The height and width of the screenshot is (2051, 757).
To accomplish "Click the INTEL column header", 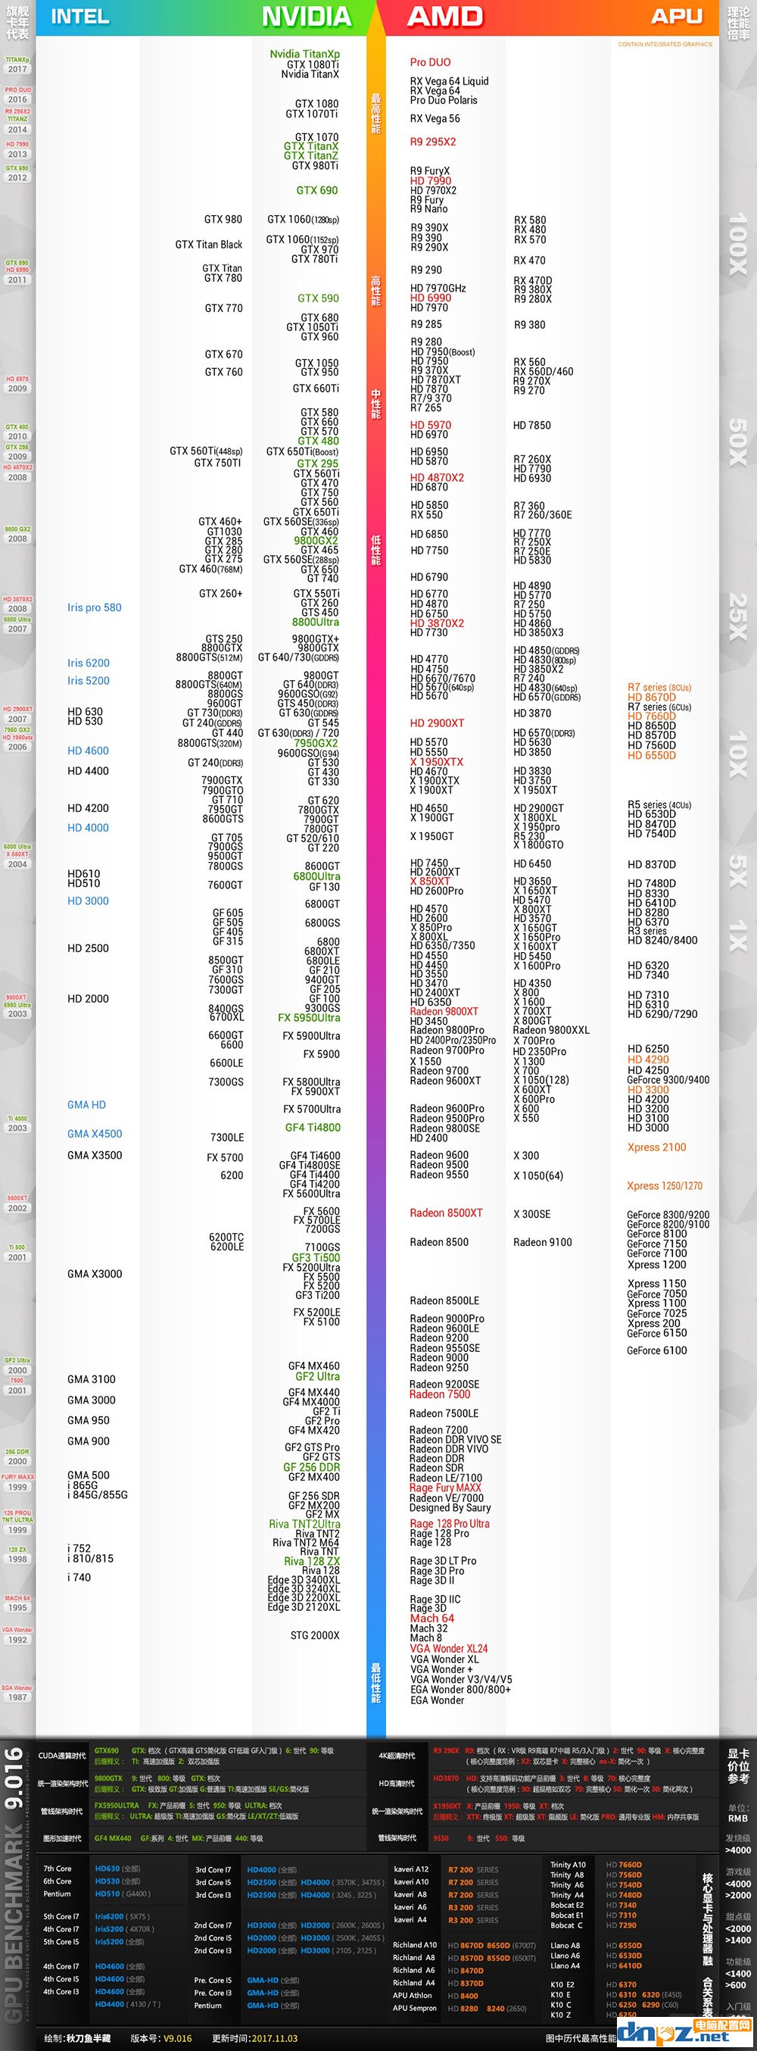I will (x=79, y=17).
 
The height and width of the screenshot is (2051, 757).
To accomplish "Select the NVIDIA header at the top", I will (x=307, y=17).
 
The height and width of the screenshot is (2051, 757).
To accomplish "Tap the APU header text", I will (x=677, y=17).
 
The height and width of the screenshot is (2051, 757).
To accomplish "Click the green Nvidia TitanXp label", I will (x=304, y=54).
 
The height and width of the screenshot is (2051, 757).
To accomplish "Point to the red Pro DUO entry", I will (x=430, y=62).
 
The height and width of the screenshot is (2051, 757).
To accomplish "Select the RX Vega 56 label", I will (x=435, y=119).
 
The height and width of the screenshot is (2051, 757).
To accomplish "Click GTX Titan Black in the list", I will (x=208, y=245).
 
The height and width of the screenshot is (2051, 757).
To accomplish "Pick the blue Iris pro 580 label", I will (x=94, y=607).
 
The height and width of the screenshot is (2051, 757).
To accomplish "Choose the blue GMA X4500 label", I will (x=95, y=1134).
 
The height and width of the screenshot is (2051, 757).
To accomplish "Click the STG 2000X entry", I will (x=314, y=1635).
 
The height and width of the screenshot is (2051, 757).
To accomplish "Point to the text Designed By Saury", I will (x=450, y=1507).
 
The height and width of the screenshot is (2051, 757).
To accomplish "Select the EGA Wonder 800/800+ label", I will (x=460, y=1690).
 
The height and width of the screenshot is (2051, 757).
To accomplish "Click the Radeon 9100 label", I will (x=542, y=1242).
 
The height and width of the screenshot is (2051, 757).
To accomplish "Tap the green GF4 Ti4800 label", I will (x=312, y=1128).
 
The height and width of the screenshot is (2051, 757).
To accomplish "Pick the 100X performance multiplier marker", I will (x=737, y=243).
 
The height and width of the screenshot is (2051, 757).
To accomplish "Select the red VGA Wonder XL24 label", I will (x=448, y=1648).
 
